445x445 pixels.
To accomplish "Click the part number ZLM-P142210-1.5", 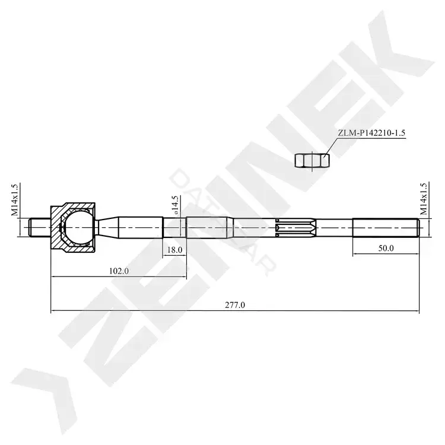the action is (x=371, y=133).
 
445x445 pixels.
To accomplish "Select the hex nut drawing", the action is (x=312, y=160).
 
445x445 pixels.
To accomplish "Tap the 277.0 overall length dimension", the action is (x=235, y=305).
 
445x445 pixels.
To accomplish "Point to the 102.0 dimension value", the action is (x=119, y=271).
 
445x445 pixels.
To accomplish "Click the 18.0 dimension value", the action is (x=174, y=250).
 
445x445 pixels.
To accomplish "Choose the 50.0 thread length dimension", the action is (x=386, y=248).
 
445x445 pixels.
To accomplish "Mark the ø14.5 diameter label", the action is (x=175, y=205).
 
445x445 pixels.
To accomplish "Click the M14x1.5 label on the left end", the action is (x=14, y=199).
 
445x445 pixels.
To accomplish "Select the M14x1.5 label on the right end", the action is (x=423, y=198).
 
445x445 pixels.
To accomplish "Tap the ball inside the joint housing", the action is (x=78, y=227).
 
